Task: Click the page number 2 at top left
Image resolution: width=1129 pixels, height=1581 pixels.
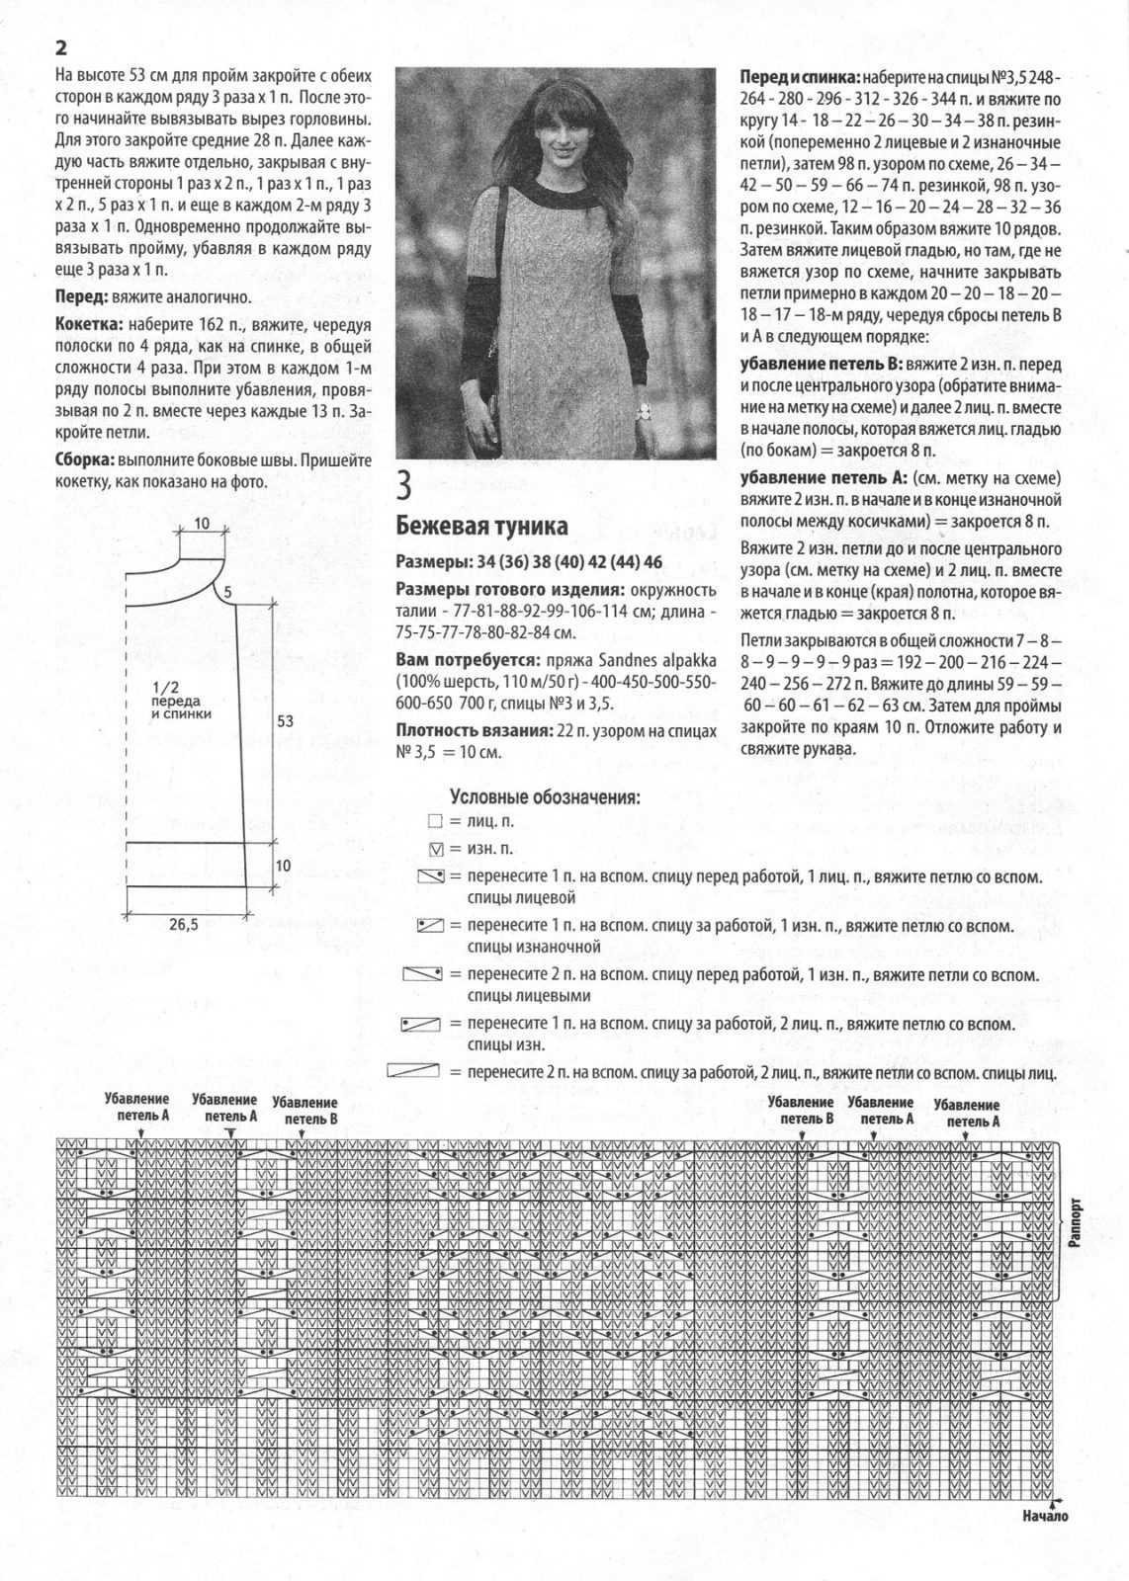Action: (x=61, y=47)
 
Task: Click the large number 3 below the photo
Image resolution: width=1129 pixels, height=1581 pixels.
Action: (x=404, y=487)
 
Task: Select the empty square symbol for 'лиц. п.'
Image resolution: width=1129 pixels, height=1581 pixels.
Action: (x=435, y=821)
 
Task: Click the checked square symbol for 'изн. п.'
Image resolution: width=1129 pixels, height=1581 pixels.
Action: (x=435, y=849)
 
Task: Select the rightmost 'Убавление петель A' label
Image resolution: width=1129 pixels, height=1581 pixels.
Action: (x=966, y=1114)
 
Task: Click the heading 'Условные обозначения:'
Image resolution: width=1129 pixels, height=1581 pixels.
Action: (x=544, y=796)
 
